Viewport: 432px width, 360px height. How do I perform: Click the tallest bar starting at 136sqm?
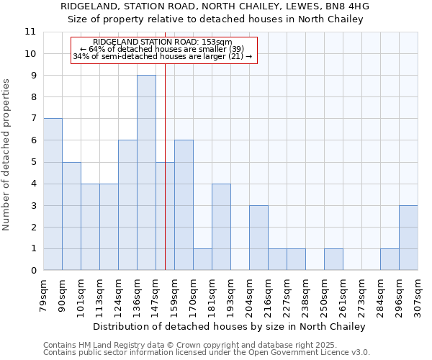coord(146,173)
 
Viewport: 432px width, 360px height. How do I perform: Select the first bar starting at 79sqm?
coord(53,194)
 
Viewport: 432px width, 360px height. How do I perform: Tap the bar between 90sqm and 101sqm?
coord(71,216)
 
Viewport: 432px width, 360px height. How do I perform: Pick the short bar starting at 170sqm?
coord(202,259)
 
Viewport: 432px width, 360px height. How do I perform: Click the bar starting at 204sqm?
coord(258,238)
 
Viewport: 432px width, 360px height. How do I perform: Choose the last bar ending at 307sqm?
coord(408,238)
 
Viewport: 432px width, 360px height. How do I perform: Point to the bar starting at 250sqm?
coord(333,259)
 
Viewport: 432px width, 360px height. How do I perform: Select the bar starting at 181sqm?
coord(221,227)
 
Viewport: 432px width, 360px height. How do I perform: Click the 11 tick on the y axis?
coord(30,32)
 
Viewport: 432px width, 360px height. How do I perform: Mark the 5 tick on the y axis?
coord(33,162)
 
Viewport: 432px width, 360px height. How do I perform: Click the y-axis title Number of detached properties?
coord(6,155)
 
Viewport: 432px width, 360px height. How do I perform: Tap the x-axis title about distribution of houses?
coord(230,326)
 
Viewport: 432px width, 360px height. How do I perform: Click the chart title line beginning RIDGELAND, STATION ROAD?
coord(215,6)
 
